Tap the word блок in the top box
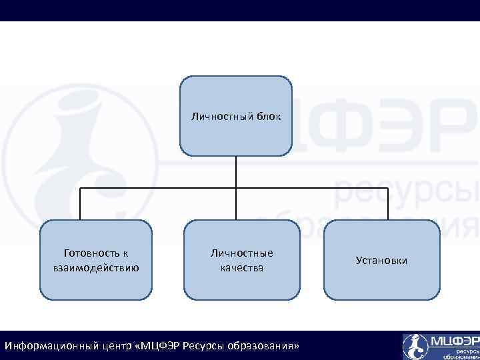tap(268, 117)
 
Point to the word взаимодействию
tap(95, 268)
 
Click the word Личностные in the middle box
tap(241, 253)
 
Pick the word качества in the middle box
tap(241, 268)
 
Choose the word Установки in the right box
tap(381, 260)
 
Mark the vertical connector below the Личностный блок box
tap(236, 171)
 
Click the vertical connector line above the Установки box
tap(388, 204)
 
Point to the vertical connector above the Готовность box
tap(81, 204)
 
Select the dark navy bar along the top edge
tap(240, 10)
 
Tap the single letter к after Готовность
tap(125, 253)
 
